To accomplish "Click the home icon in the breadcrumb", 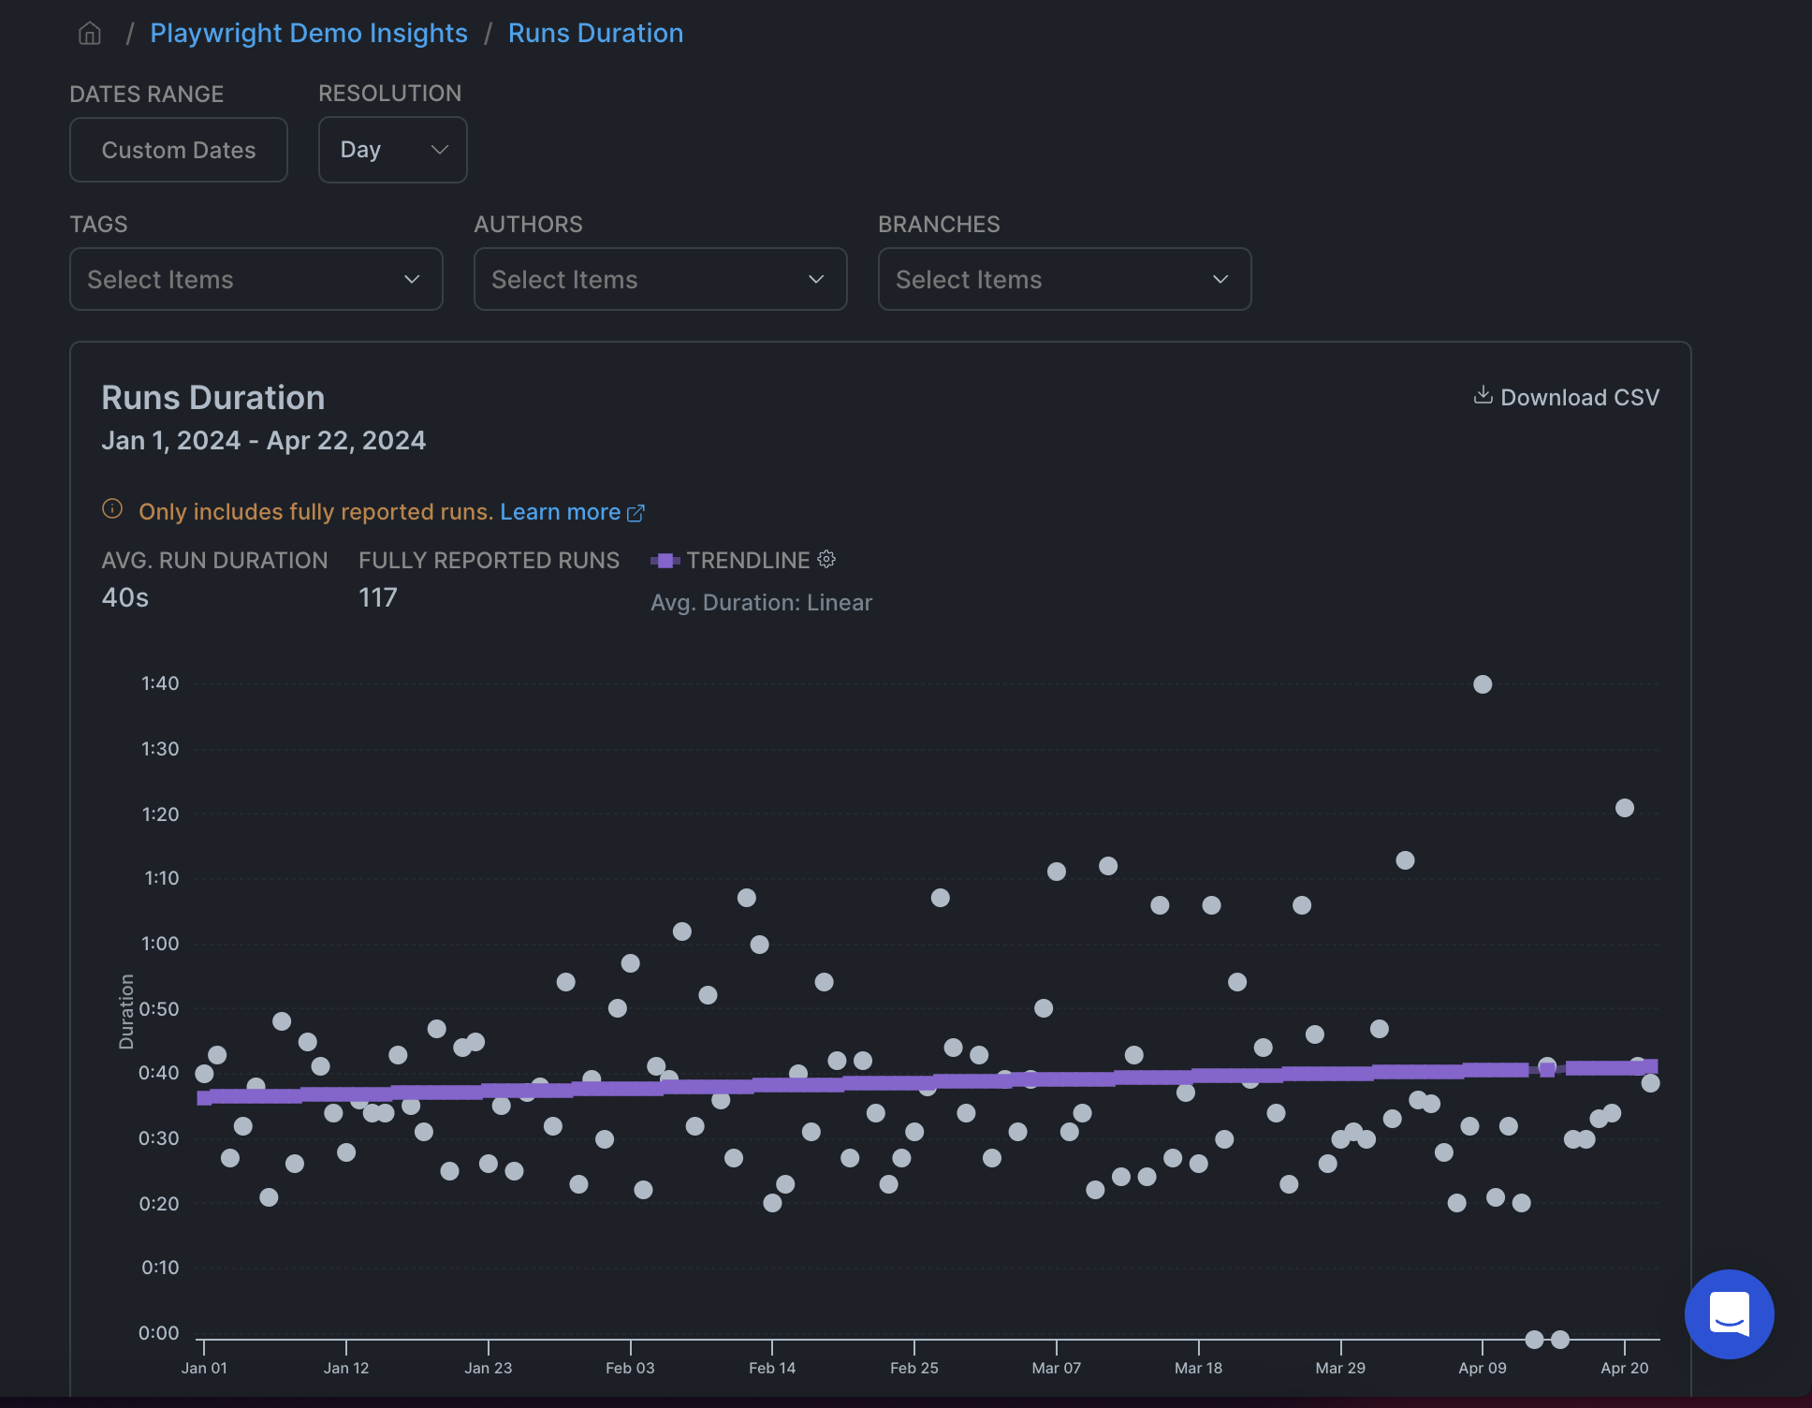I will coord(90,34).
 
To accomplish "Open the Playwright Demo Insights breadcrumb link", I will coord(308,34).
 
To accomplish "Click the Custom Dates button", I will coord(178,150).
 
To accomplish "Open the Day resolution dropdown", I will coord(392,150).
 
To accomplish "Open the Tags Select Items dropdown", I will coord(256,279).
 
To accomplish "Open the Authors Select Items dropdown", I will coord(660,279).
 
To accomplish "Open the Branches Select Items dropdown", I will coord(1064,279).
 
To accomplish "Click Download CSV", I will coord(1567,397).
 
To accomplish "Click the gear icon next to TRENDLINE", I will coord(826,560).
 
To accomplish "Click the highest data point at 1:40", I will coord(1483,684).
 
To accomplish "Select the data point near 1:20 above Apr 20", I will coord(1625,808).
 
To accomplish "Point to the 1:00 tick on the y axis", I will coord(160,944).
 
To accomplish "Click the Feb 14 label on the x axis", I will coord(772,1368).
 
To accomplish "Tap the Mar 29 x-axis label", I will coord(1340,1368).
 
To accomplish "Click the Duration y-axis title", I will coord(126,1011).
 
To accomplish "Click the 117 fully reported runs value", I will coord(378,597).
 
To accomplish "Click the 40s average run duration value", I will coord(125,597).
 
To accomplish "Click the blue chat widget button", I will coord(1729,1313).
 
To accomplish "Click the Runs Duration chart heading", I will coord(213,398).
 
